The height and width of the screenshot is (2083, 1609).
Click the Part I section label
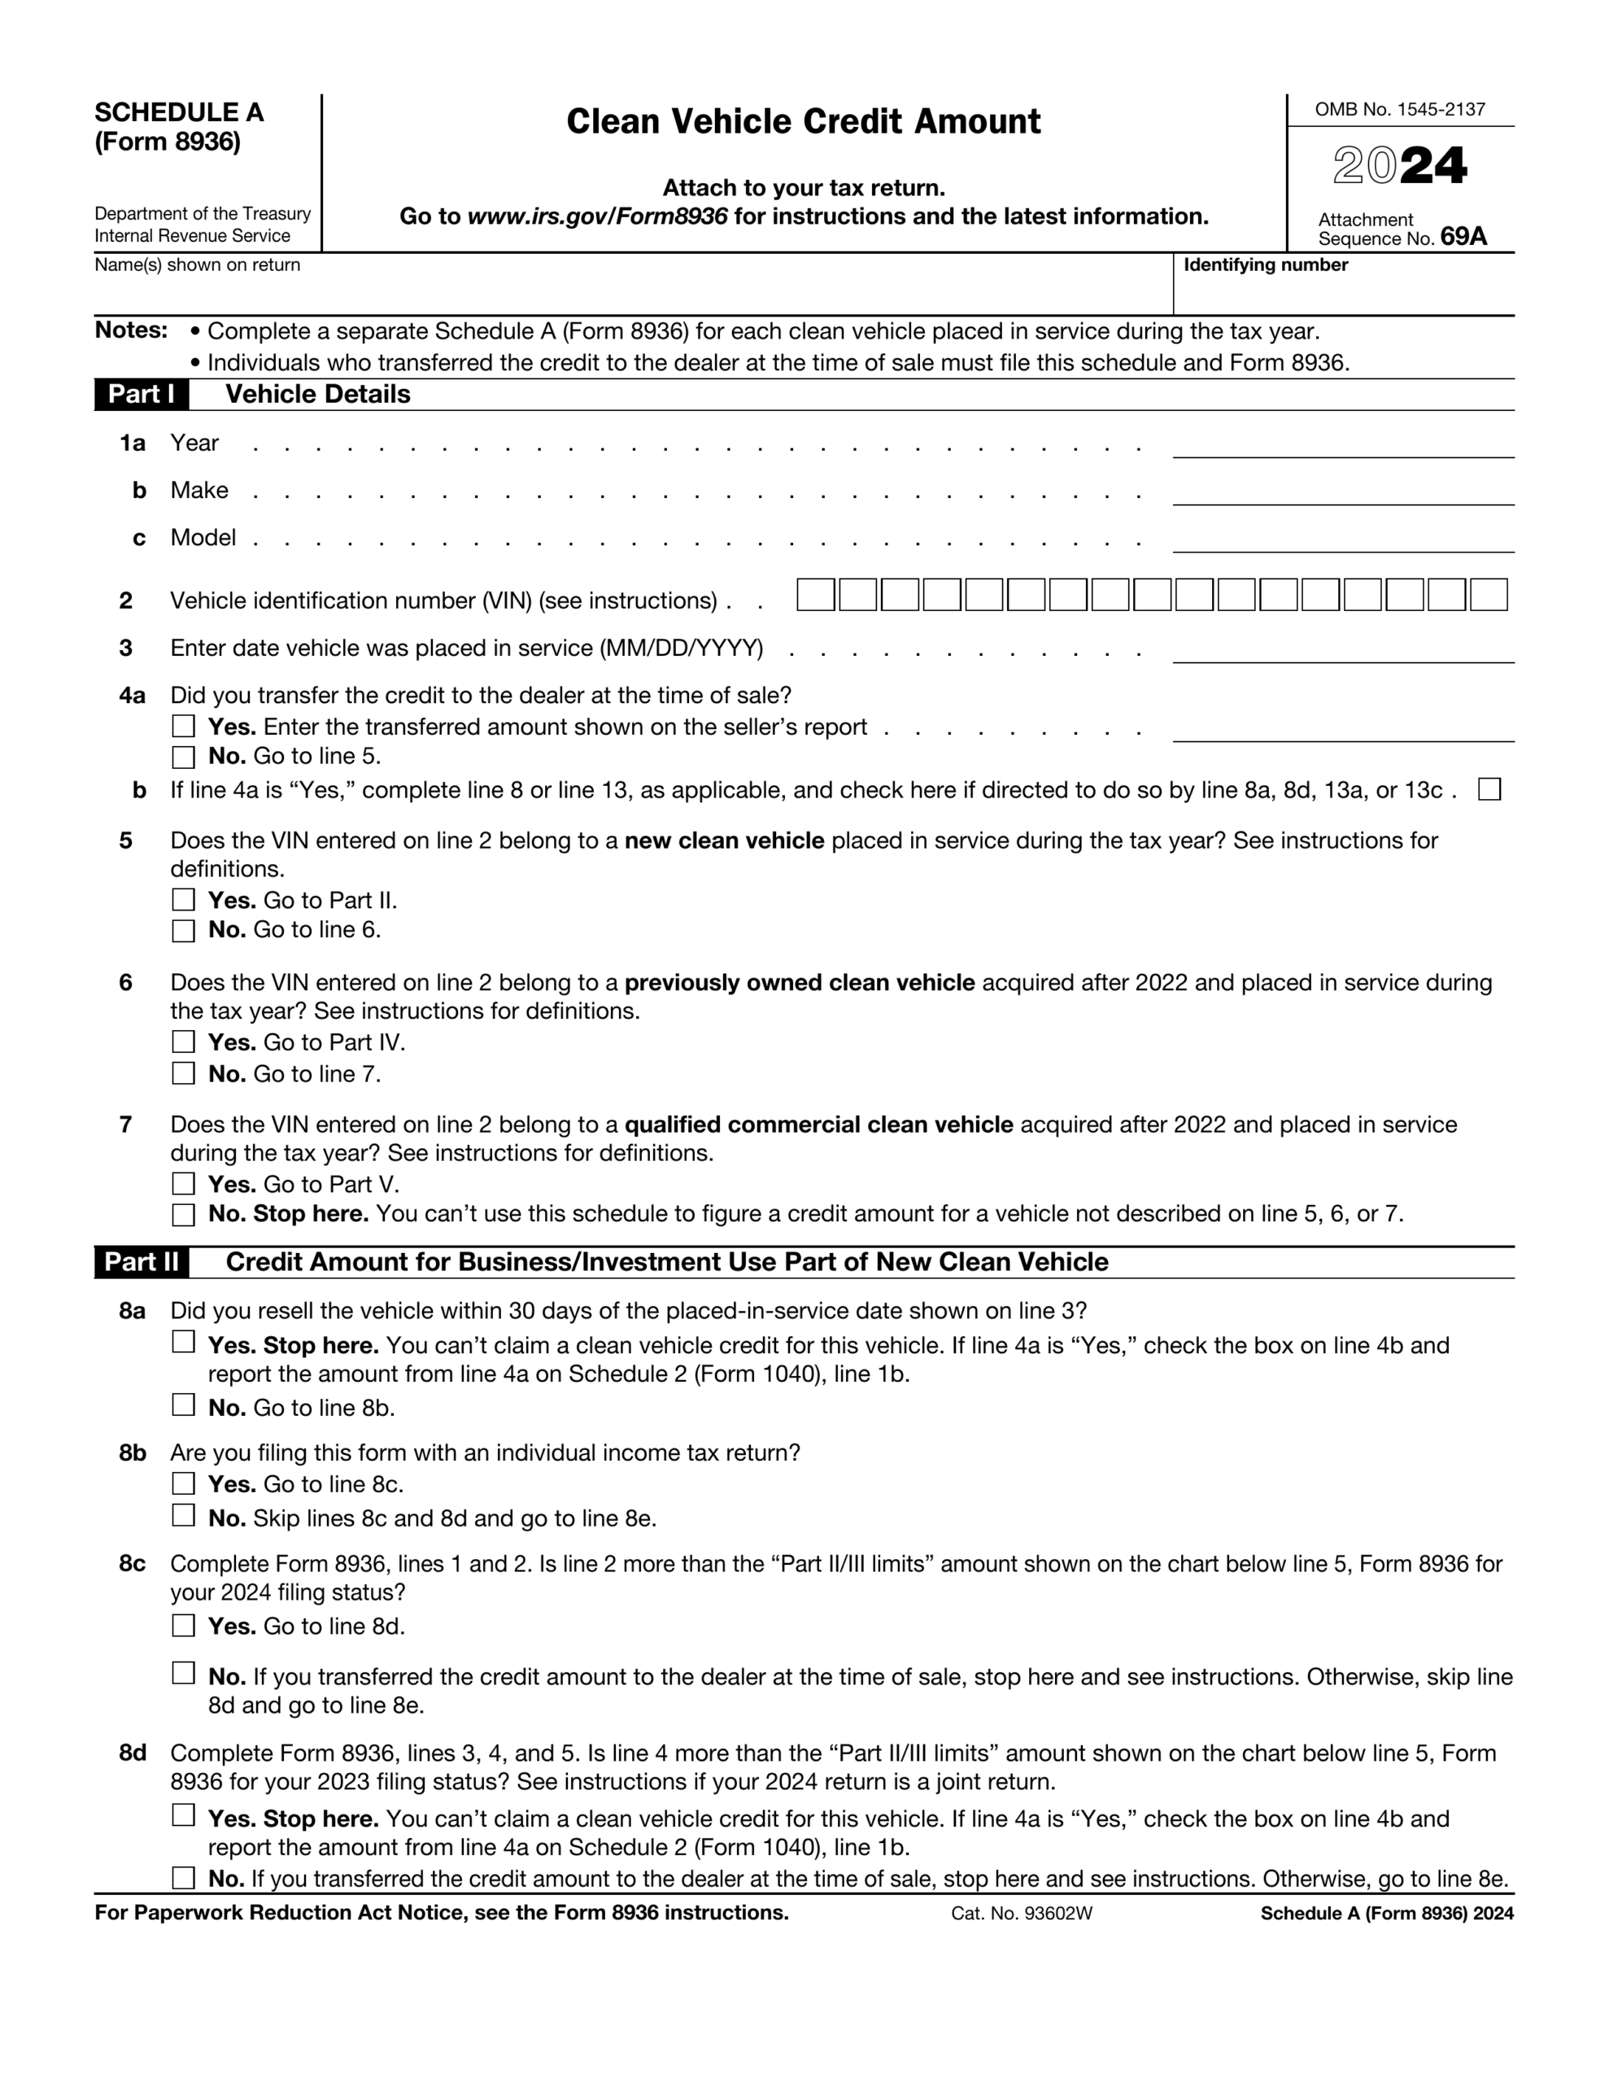(142, 394)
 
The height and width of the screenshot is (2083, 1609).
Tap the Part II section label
(142, 1262)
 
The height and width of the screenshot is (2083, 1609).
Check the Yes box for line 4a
(183, 727)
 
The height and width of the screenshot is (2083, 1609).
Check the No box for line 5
(183, 931)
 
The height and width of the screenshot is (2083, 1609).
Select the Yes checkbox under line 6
(183, 1041)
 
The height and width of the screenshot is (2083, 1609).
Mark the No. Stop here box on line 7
(183, 1214)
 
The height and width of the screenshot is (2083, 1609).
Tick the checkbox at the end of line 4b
(1489, 790)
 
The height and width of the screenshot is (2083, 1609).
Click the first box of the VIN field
(815, 595)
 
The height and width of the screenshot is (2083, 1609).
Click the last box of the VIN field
(1488, 595)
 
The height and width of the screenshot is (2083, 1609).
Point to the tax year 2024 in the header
(1399, 166)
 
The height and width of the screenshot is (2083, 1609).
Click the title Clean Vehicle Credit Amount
(803, 122)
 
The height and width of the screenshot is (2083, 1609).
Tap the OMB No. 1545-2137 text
(1399, 110)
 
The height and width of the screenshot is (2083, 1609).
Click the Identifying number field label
(1265, 265)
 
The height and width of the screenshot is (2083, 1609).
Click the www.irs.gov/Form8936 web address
(597, 216)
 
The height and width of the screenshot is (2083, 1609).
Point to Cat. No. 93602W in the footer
(1021, 1913)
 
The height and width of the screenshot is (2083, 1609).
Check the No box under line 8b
(183, 1516)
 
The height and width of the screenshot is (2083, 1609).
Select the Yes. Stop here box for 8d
(183, 1816)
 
